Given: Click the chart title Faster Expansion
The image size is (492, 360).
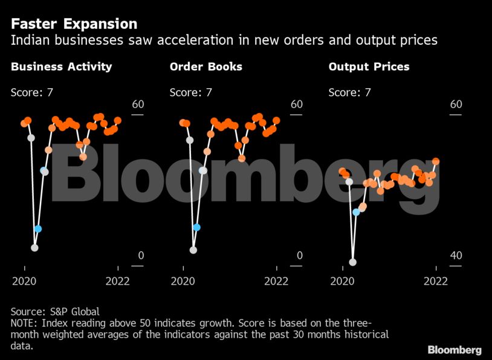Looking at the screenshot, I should tap(74, 24).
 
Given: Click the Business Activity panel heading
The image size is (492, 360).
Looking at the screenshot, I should tap(61, 66).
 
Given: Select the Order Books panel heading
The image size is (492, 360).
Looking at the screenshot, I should tap(206, 66).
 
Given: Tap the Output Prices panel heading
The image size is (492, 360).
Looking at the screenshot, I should tap(369, 66).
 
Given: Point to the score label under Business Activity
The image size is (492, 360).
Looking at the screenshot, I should tap(32, 92).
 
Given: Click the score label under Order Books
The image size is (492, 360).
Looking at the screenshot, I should tap(190, 92).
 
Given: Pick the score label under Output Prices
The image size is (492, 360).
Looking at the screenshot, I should tap(349, 92).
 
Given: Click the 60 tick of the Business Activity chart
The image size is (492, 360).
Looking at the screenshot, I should tap(138, 104).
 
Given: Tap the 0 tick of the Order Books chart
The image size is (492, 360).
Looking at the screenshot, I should tap(299, 256).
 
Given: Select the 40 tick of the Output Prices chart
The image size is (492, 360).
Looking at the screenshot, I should tap(455, 256).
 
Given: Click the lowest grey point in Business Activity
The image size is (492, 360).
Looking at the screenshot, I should tap(34, 248).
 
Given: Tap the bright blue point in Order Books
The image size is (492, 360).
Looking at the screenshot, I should tap(196, 227).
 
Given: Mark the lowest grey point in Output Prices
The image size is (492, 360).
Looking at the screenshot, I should tap(353, 262).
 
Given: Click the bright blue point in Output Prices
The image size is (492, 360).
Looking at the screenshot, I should tap(357, 212).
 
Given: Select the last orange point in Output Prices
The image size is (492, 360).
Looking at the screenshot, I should tap(436, 161).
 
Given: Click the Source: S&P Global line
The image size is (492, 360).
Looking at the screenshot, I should tap(55, 312).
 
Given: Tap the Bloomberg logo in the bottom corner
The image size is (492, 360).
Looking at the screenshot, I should tap(455, 350).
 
